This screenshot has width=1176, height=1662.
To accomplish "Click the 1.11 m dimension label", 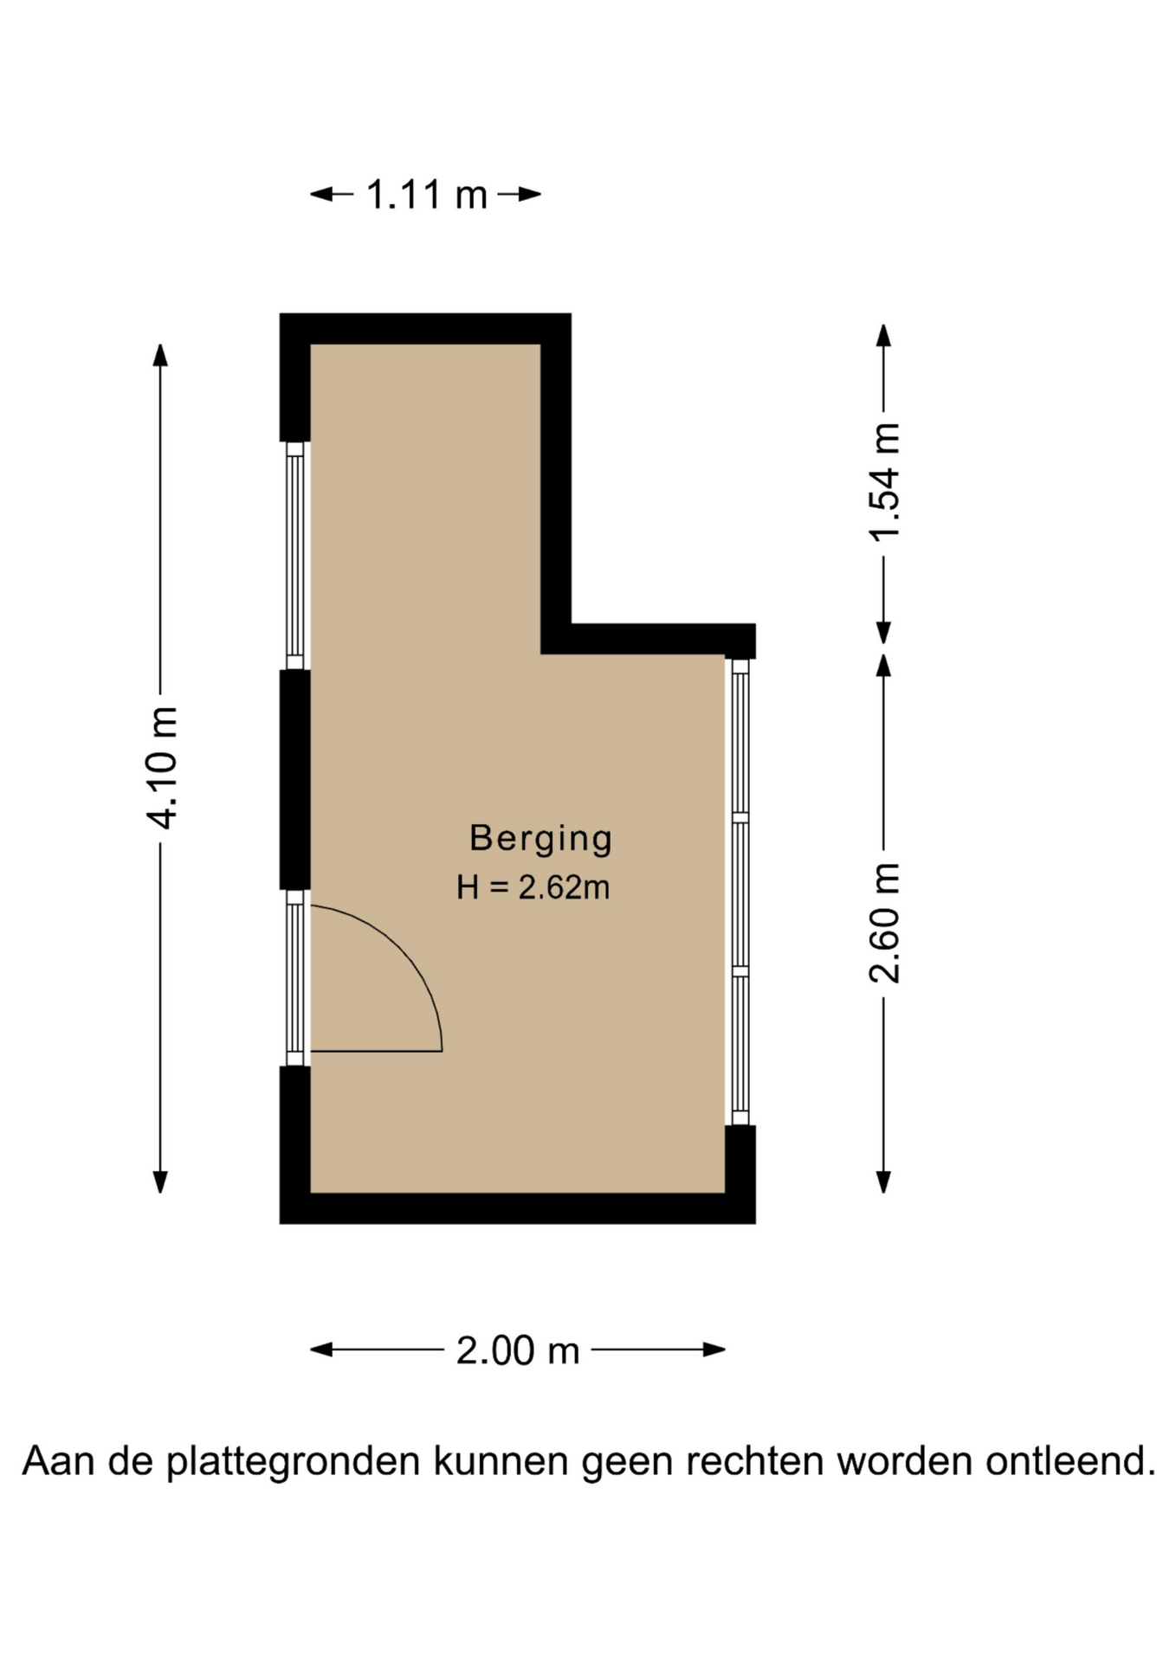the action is tap(427, 195).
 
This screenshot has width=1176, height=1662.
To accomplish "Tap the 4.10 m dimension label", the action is tap(162, 768).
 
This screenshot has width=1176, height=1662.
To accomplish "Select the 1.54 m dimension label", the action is tap(884, 482).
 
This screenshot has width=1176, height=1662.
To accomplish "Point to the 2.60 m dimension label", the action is tap(884, 923).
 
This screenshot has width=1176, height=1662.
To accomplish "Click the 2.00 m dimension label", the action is tap(518, 1351).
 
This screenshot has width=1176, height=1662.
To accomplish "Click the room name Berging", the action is tap(541, 839).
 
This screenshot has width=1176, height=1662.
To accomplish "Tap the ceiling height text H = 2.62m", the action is tap(533, 887).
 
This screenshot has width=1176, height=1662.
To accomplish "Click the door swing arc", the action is tap(404, 950).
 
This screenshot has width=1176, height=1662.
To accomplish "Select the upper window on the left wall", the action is tap(295, 556).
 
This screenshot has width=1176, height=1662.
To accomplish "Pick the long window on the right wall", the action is tap(740, 892).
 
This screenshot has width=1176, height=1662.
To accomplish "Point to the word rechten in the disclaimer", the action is tap(753, 1461).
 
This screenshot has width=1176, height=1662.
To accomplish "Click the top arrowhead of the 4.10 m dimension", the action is tap(160, 355).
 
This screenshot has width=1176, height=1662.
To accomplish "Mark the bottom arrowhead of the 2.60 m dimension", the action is tap(884, 1182).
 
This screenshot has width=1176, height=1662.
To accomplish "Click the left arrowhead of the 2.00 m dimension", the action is tap(321, 1350).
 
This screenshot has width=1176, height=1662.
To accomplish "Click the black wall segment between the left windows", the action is tap(295, 780).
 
